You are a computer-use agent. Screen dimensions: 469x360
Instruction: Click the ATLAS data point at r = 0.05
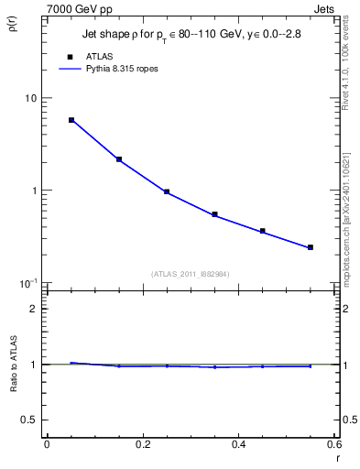pyautogui.click(x=71, y=120)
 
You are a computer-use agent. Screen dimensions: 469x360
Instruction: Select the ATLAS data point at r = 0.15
pyautogui.click(x=119, y=159)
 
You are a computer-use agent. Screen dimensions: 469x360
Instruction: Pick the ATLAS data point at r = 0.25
pyautogui.click(x=167, y=192)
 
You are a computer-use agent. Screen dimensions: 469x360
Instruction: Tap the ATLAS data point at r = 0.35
pyautogui.click(x=214, y=214)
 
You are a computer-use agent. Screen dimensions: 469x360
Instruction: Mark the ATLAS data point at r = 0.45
pyautogui.click(x=263, y=231)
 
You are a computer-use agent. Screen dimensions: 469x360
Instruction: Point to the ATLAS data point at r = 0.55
pyautogui.click(x=311, y=247)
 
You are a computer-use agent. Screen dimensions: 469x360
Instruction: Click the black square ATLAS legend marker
pyautogui.click(x=69, y=55)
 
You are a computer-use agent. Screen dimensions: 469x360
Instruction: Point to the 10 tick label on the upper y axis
pyautogui.click(x=30, y=98)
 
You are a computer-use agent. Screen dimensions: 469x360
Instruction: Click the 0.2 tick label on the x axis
pyautogui.click(x=142, y=445)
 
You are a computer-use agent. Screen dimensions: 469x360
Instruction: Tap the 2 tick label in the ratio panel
pyautogui.click(x=34, y=309)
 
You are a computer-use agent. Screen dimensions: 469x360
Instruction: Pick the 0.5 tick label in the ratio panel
pyautogui.click(x=29, y=420)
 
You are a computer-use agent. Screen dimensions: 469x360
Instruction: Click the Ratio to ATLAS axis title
pyautogui.click(x=12, y=365)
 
